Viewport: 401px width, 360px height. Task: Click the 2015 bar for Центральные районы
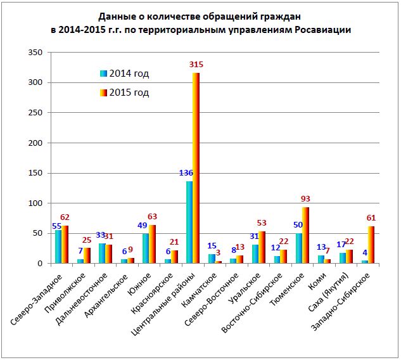[196, 168]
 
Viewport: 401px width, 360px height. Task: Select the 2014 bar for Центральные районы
[189, 222]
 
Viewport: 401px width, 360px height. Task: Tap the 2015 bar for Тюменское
[305, 235]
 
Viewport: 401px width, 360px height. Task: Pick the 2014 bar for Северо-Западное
[58, 247]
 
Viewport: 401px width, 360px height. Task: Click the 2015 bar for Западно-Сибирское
[371, 245]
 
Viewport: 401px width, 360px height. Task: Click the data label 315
[197, 65]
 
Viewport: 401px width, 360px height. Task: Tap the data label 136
[186, 173]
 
